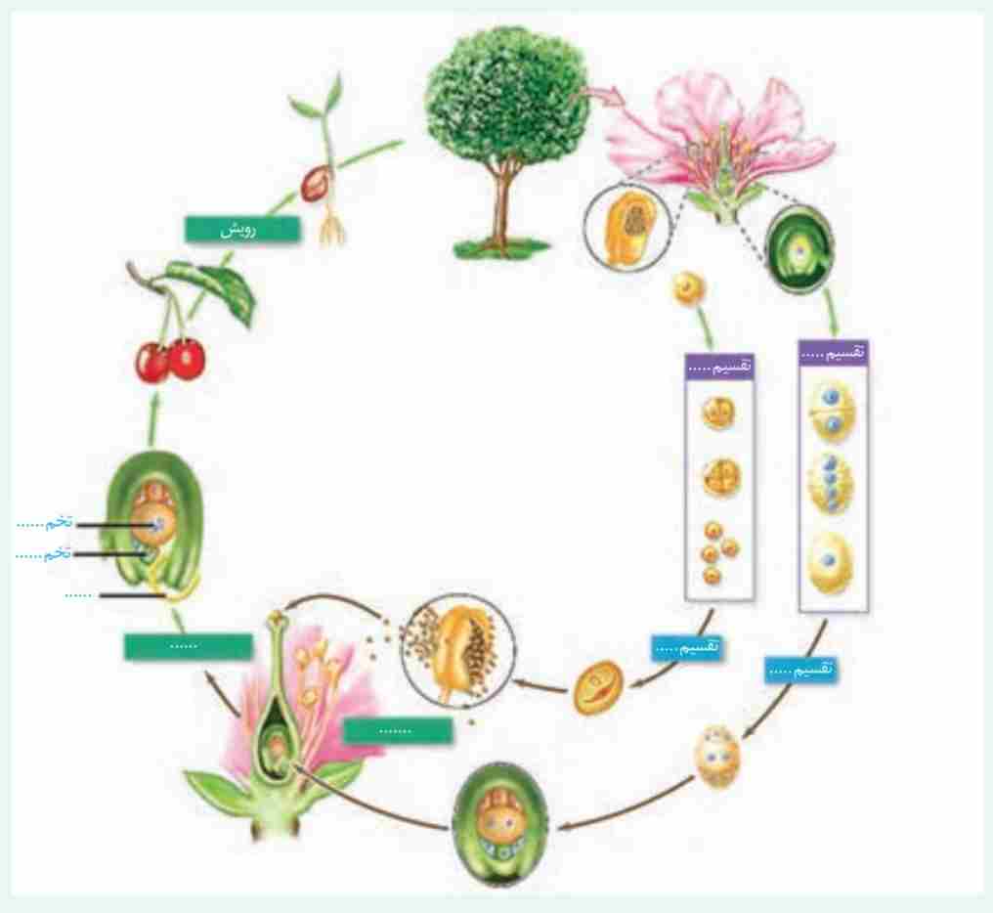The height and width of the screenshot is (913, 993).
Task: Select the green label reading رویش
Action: (x=240, y=228)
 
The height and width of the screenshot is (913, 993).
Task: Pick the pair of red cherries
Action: (x=169, y=360)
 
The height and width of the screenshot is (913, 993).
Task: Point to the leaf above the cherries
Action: (x=226, y=293)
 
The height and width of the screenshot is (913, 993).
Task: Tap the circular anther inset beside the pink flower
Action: (x=624, y=228)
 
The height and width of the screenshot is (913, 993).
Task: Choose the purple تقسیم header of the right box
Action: (x=834, y=352)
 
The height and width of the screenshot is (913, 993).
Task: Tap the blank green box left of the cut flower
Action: (x=187, y=645)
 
